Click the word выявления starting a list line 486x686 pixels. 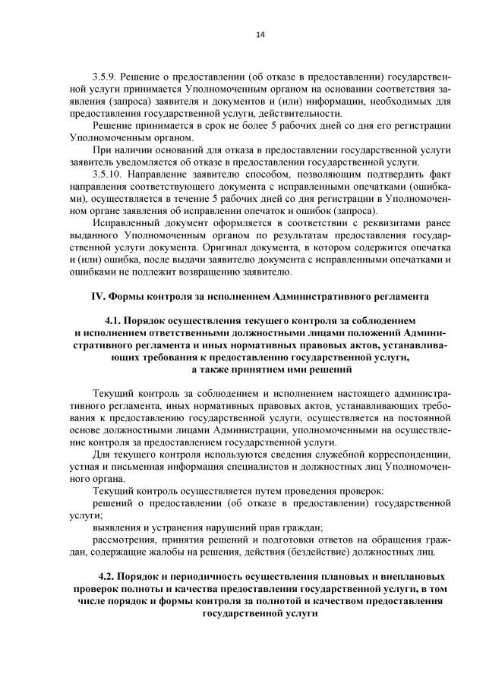click(x=116, y=527)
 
